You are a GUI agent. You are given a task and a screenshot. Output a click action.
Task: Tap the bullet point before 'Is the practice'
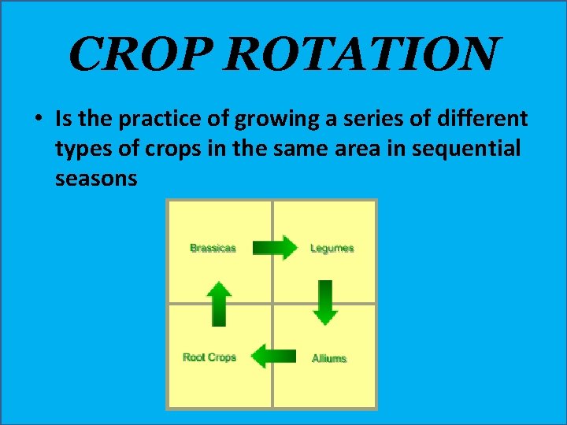(39, 120)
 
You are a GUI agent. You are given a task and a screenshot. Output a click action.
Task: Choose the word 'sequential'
(472, 149)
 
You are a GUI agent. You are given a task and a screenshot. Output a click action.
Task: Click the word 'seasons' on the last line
(96, 179)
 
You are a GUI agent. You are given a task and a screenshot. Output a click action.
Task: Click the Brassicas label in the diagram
(213, 248)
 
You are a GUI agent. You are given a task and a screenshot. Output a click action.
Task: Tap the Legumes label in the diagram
(332, 248)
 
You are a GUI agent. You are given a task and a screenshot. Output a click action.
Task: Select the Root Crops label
(209, 357)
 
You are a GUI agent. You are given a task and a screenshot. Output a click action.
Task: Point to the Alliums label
(329, 358)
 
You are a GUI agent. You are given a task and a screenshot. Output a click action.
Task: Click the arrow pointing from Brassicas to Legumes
(275, 248)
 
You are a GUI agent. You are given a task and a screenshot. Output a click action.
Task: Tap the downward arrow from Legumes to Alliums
(325, 302)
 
